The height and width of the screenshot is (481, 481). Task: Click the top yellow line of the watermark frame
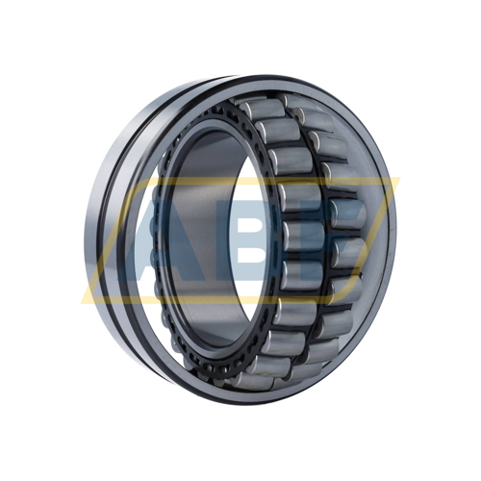coord(269,179)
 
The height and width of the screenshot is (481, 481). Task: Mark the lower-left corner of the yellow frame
coord(85,300)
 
